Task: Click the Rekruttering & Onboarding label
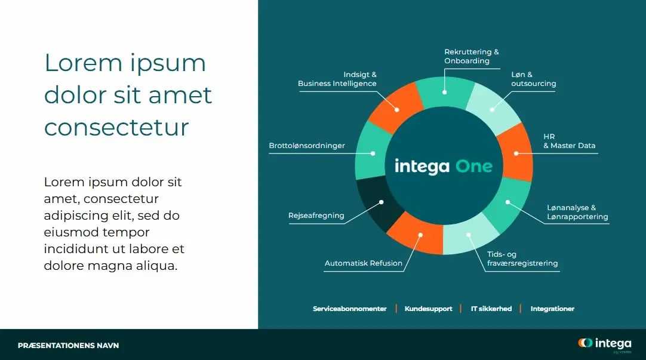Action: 471,56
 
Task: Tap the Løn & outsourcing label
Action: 533,79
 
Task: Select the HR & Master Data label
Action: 569,141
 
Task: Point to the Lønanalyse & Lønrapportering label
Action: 577,212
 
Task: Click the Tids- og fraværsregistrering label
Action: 522,259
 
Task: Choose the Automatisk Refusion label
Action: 363,263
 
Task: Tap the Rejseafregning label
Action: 316,216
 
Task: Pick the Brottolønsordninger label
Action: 307,146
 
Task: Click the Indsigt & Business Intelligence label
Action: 337,79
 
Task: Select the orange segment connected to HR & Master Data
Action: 515,152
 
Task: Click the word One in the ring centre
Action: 474,166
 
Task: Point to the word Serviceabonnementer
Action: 350,309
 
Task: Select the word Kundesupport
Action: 428,309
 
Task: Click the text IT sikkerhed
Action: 491,309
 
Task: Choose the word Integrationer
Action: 552,309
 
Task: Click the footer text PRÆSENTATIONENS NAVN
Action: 68,345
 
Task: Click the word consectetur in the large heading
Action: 116,127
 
